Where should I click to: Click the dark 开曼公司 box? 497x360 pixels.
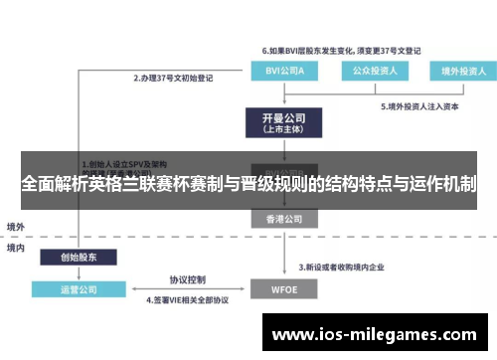click(280, 122)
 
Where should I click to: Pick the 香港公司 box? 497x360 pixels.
click(280, 218)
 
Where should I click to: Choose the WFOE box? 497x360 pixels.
click(281, 290)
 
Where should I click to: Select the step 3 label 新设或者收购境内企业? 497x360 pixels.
click(349, 267)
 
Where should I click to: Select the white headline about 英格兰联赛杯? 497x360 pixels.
click(248, 185)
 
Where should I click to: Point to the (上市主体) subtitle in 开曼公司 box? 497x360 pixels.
click(280, 129)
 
